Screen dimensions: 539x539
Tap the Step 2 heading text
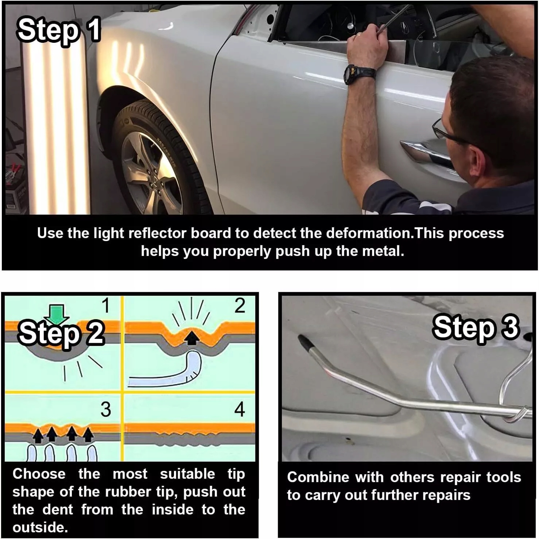pos(61,333)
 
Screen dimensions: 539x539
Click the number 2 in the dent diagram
pos(240,305)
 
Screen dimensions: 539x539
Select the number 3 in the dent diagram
pos(106,409)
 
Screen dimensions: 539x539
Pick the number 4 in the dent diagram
pos(240,409)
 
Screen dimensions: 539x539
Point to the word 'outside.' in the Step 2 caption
pos(40,528)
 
